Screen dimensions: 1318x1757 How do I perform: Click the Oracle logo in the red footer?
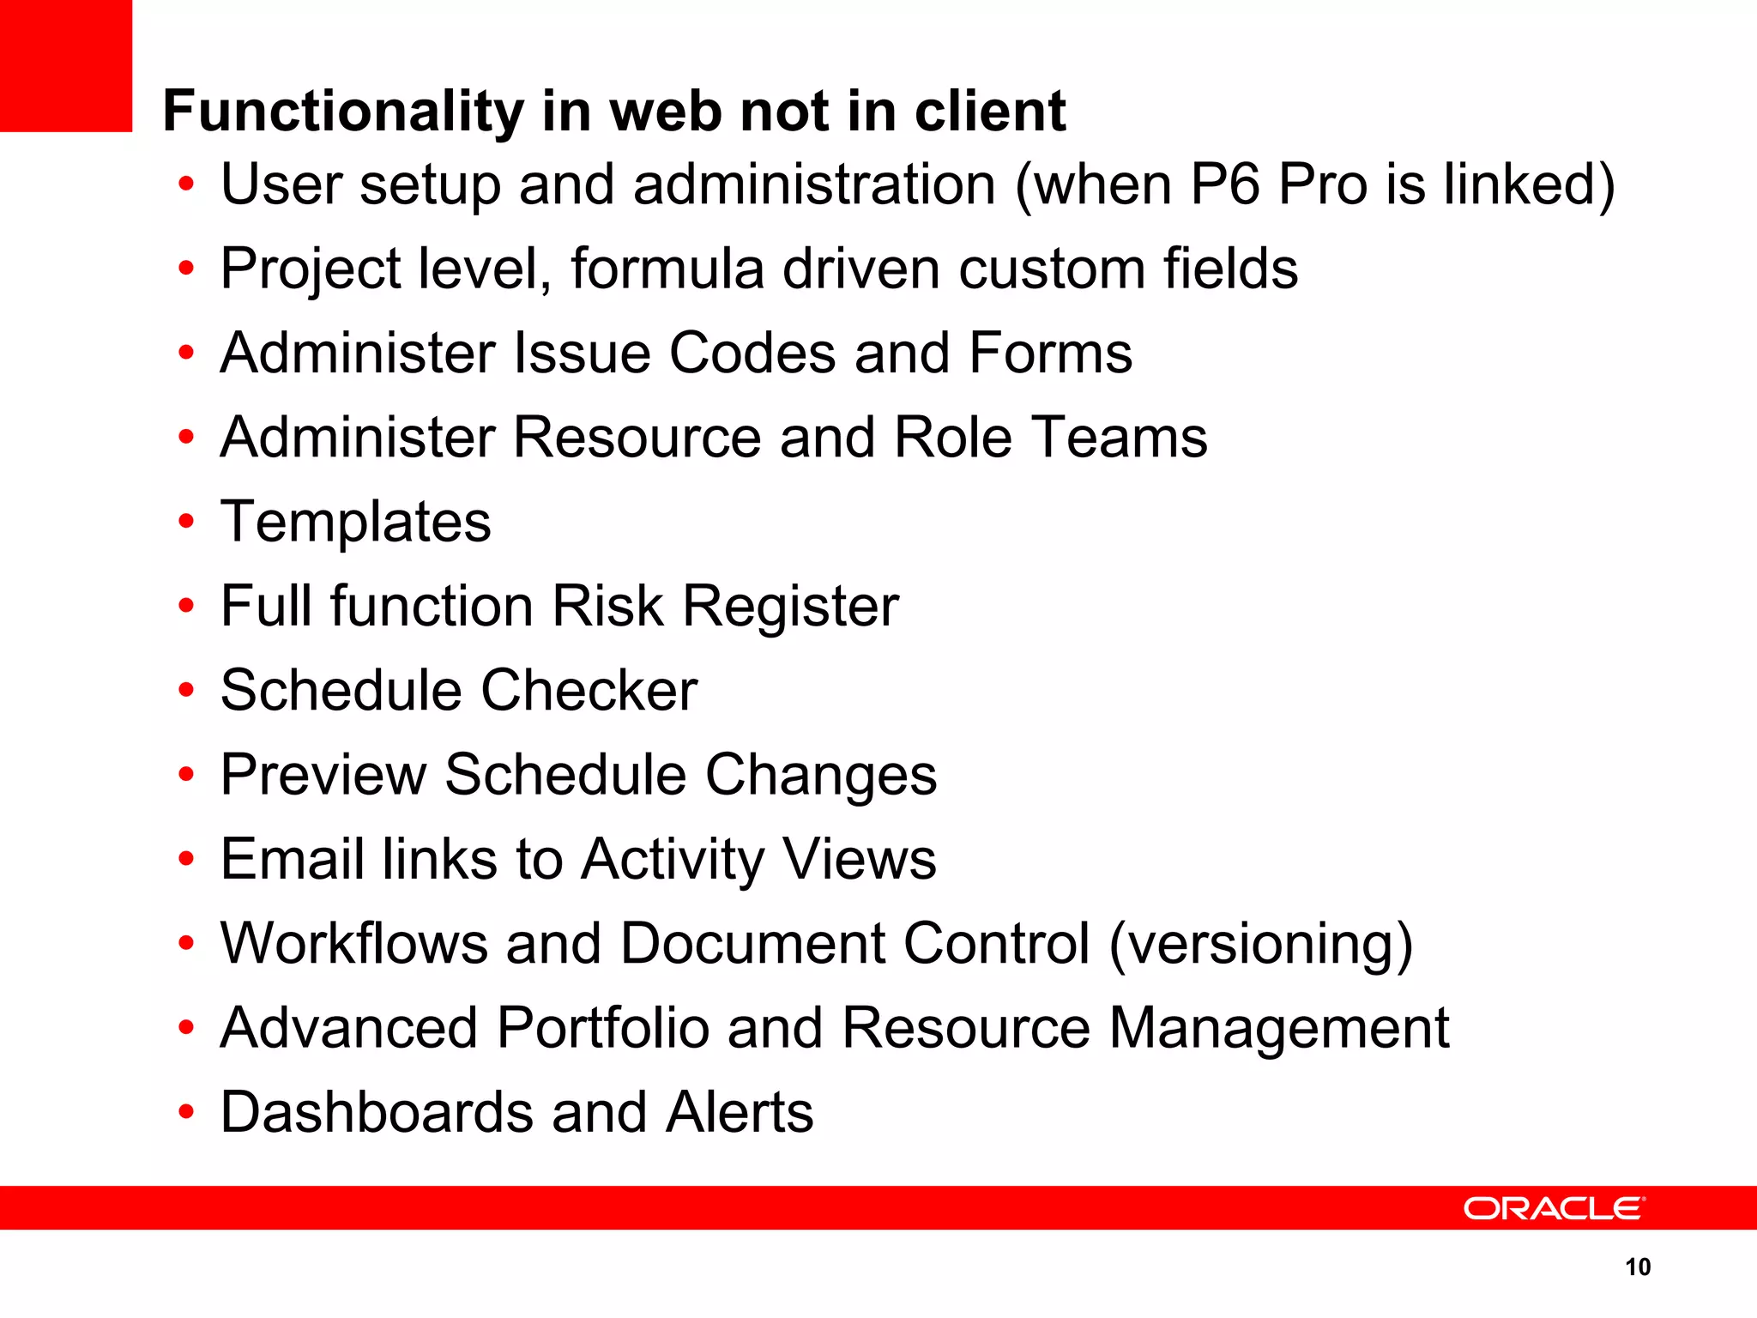[1554, 1208]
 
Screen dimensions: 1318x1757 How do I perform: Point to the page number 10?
[1637, 1267]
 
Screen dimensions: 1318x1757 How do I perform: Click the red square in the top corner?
[66, 65]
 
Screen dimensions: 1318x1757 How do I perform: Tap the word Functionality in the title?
[341, 112]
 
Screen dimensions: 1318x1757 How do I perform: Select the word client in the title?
[989, 112]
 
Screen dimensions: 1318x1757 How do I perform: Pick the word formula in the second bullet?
[667, 269]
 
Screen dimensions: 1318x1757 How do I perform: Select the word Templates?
[355, 522]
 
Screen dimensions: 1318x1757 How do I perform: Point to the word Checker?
[589, 690]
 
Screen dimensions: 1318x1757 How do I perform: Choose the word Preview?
[323, 775]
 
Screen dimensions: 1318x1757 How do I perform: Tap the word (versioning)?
[1260, 944]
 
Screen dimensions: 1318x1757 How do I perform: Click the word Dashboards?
[377, 1112]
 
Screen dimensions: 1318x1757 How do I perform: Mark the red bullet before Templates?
[186, 522]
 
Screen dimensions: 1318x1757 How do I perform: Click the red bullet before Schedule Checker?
[186, 691]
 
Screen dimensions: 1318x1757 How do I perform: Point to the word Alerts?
[740, 1112]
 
